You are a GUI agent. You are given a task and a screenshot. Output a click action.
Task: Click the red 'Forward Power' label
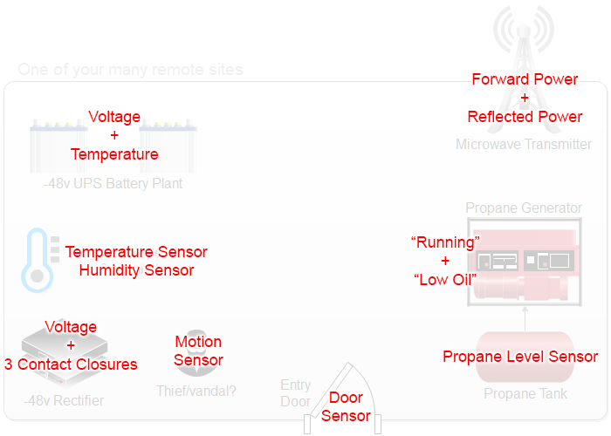pyautogui.click(x=525, y=79)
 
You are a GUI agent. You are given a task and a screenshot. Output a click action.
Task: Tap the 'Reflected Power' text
pyautogui.click(x=525, y=117)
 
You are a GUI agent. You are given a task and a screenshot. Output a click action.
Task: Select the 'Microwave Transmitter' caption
pyautogui.click(x=524, y=145)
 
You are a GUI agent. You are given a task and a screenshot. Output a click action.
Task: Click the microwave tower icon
pyautogui.click(x=524, y=35)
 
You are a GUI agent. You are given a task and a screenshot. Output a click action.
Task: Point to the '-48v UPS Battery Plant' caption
pyautogui.click(x=113, y=184)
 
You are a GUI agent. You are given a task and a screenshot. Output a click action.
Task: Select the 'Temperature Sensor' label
pyautogui.click(x=136, y=252)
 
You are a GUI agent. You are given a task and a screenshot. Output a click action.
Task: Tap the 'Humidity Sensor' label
pyautogui.click(x=136, y=270)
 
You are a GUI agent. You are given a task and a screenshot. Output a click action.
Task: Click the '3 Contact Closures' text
pyautogui.click(x=71, y=364)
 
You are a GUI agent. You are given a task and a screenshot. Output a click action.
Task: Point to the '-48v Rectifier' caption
pyautogui.click(x=64, y=401)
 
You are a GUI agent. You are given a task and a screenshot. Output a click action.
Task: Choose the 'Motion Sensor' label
pyautogui.click(x=198, y=351)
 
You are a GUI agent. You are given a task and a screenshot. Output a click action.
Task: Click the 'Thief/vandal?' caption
pyautogui.click(x=196, y=392)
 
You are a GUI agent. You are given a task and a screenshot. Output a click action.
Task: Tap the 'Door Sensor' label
pyautogui.click(x=346, y=407)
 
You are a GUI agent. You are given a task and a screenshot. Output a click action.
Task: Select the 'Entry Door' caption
pyautogui.click(x=295, y=393)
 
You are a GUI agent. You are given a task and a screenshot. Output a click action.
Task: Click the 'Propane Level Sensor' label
pyautogui.click(x=520, y=357)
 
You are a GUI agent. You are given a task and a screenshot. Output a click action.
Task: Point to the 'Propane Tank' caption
pyautogui.click(x=525, y=394)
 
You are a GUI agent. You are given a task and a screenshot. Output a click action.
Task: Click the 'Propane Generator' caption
pyautogui.click(x=524, y=208)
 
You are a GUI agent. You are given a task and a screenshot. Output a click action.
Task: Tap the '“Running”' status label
pyautogui.click(x=445, y=242)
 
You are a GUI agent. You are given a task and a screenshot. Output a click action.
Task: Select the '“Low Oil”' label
pyautogui.click(x=444, y=279)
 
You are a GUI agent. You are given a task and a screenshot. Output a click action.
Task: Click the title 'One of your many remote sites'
pyautogui.click(x=130, y=70)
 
